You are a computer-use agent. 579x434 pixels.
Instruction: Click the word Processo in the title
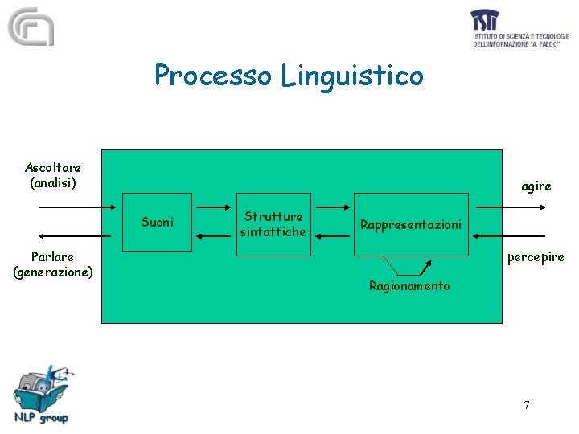click(x=215, y=76)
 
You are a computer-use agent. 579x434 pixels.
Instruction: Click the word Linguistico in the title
click(x=353, y=76)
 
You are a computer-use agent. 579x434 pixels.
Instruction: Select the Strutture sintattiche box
click(x=273, y=224)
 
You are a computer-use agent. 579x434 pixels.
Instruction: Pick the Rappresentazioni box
click(x=411, y=224)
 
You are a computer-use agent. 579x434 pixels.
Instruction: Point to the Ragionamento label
click(x=409, y=286)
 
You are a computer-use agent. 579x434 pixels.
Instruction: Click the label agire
click(x=536, y=186)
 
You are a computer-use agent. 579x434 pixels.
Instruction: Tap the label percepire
click(x=536, y=257)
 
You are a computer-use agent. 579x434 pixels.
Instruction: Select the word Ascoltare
click(x=53, y=167)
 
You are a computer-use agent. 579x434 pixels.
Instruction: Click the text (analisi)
click(x=53, y=182)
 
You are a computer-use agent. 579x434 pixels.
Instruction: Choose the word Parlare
click(x=53, y=256)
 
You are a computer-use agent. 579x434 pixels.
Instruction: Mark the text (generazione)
click(x=53, y=272)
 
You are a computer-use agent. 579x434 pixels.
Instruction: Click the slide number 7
click(x=527, y=405)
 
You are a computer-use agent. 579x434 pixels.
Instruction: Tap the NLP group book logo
click(x=42, y=394)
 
